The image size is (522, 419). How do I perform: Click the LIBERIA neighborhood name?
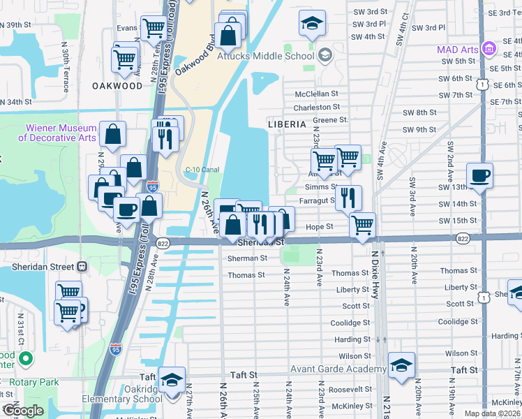(287, 124)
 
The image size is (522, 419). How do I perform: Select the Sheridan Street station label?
(38, 266)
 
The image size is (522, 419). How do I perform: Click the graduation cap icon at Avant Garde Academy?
(401, 365)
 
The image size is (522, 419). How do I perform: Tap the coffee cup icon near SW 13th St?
(479, 175)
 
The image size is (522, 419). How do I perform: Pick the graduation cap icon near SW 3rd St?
(312, 23)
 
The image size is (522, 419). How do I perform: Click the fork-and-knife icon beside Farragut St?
(348, 198)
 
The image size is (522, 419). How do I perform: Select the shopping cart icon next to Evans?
(153, 29)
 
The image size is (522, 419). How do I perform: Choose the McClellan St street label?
(316, 93)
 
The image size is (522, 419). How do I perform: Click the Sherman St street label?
(247, 258)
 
